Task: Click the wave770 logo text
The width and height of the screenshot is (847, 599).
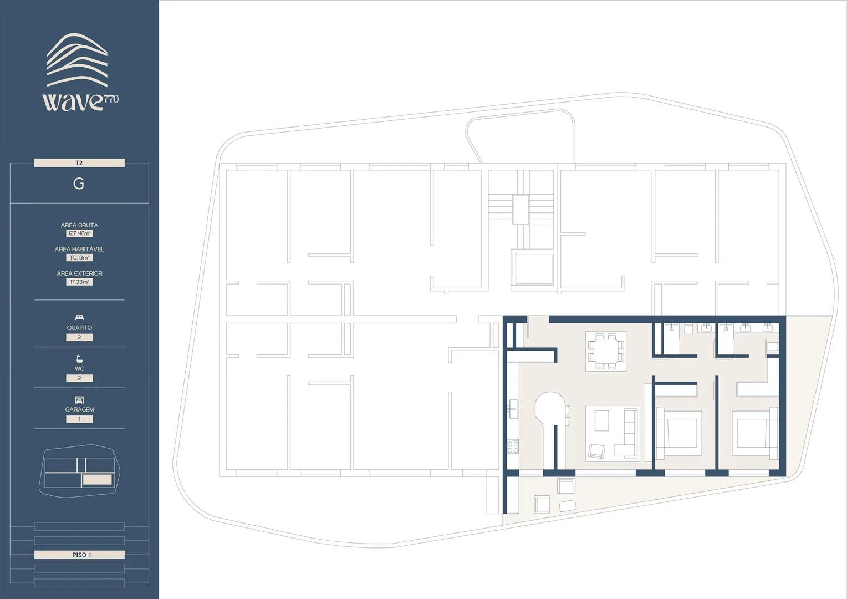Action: click(80, 101)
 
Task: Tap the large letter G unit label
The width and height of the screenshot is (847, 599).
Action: click(79, 184)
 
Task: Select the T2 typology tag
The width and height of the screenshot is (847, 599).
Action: click(79, 163)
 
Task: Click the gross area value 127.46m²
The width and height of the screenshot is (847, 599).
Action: click(79, 233)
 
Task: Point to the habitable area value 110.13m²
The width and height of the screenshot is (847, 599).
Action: click(79, 258)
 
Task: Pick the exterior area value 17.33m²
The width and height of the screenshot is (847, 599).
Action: click(79, 282)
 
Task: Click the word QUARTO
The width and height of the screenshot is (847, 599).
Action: click(79, 328)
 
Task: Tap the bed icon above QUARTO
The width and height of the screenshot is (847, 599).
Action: click(79, 317)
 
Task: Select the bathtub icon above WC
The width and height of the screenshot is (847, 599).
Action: click(79, 359)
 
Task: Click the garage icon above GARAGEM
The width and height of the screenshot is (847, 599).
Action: click(79, 400)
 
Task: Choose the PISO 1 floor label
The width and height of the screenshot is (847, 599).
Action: click(81, 555)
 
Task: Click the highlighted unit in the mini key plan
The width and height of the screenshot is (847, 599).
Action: click(97, 480)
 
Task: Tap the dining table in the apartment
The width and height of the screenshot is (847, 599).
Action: click(606, 351)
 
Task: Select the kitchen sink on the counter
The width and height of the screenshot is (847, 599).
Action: click(513, 409)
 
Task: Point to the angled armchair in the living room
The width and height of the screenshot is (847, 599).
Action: click(596, 451)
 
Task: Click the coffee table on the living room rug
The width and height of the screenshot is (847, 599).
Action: click(601, 421)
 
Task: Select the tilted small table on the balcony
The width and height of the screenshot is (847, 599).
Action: click(568, 506)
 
